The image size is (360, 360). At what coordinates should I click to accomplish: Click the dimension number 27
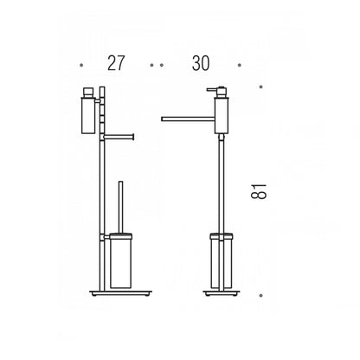pos(116,63)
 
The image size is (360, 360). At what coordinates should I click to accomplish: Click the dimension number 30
pos(201,63)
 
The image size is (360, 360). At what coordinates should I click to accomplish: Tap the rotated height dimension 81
pos(259,191)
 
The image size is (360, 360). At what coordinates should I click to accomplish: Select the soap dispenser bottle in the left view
pos(88,116)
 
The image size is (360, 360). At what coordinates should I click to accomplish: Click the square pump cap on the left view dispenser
pos(88,93)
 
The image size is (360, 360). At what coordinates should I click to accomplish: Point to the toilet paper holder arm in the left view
pos(119,137)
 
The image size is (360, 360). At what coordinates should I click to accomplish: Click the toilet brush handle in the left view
pos(121,208)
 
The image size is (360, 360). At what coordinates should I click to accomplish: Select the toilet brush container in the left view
pos(120,261)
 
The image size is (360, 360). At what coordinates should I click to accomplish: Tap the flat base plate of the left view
pos(120,292)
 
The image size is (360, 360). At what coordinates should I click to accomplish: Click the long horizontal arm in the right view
pos(188,119)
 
